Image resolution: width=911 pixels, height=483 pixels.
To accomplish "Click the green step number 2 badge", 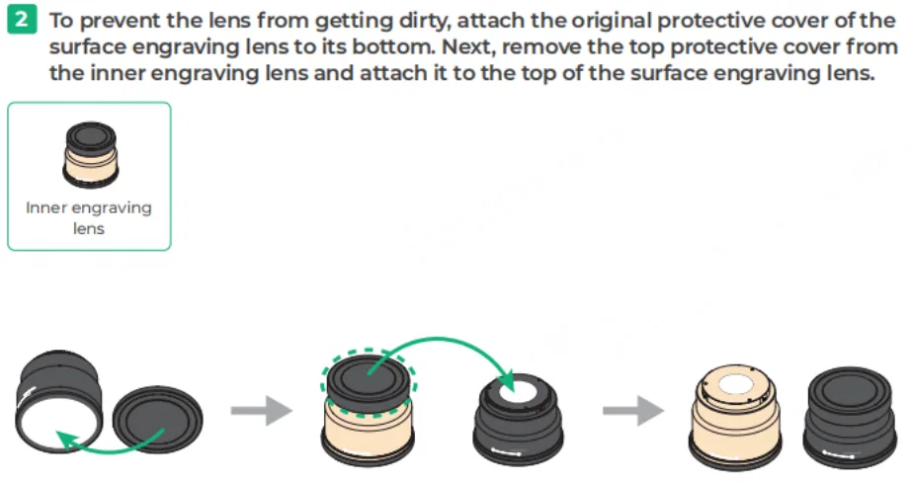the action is (x=22, y=20).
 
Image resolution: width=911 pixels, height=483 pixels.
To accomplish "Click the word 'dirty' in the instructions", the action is (x=422, y=21).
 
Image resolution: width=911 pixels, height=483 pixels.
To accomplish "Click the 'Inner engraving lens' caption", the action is (x=89, y=217).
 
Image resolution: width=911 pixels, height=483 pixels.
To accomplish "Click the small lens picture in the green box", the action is (x=90, y=155).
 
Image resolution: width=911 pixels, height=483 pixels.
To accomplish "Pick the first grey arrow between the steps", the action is (x=262, y=411).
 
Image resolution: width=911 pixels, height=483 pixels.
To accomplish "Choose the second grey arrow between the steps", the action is (x=633, y=411).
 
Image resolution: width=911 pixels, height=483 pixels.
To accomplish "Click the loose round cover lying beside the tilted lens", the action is (x=157, y=419).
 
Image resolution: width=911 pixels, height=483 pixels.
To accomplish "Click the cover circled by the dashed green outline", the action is (x=369, y=382).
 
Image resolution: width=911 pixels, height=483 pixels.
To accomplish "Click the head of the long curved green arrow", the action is (x=507, y=382).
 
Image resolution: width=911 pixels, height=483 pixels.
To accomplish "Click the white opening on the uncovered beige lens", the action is (x=736, y=383).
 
